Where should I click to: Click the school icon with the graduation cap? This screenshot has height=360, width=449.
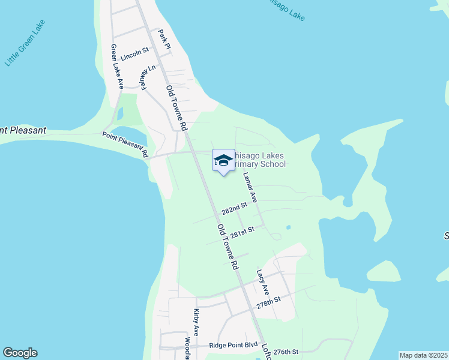pyautogui.click(x=223, y=161)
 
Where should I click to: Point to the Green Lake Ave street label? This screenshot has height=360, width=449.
pyautogui.click(x=116, y=67)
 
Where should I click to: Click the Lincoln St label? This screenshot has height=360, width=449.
pyautogui.click(x=134, y=58)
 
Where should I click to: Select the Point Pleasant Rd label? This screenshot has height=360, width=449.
pyautogui.click(x=125, y=145)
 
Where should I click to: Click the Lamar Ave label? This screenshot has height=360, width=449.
pyautogui.click(x=250, y=187)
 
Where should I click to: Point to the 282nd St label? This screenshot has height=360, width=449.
pyautogui.click(x=234, y=208)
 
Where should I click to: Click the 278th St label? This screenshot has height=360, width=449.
pyautogui.click(x=268, y=301)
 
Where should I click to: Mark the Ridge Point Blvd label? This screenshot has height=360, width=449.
pyautogui.click(x=233, y=346)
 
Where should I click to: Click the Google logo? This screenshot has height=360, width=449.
pyautogui.click(x=20, y=353)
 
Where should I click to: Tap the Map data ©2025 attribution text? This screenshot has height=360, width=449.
pyautogui.click(x=423, y=355)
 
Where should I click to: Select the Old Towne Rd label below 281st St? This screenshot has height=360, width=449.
pyautogui.click(x=228, y=247)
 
